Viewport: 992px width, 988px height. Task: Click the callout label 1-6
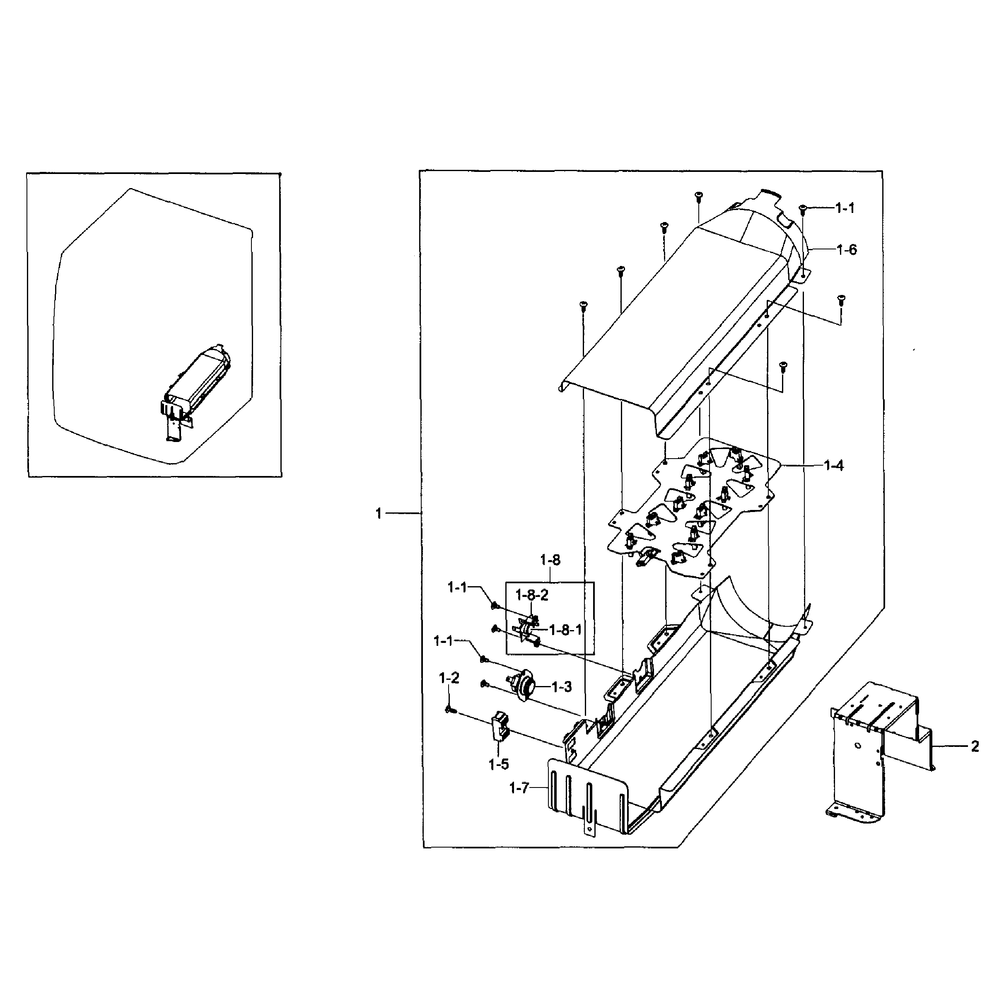click(847, 250)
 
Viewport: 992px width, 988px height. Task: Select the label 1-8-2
click(532, 595)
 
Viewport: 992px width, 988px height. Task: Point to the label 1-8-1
click(565, 630)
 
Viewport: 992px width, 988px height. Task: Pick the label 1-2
click(449, 679)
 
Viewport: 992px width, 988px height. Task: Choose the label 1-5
click(499, 765)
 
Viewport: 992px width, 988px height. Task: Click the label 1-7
click(519, 788)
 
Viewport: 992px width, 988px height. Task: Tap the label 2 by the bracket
click(975, 746)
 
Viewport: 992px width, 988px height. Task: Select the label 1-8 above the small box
click(550, 560)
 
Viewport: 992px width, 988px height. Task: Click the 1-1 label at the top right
click(845, 208)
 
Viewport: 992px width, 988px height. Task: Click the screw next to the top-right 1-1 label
click(804, 208)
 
